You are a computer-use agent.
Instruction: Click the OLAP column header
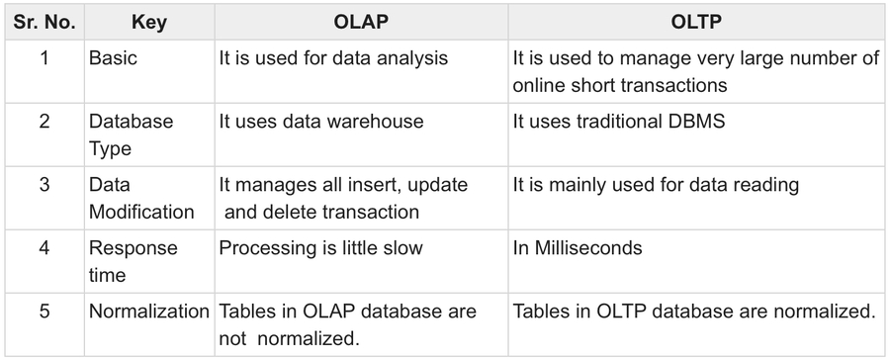pos(361,22)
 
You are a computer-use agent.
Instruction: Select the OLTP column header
pos(696,22)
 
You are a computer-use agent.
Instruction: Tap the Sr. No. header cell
pos(44,22)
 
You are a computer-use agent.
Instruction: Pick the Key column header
pos(149,22)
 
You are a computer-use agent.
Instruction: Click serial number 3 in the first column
pos(44,185)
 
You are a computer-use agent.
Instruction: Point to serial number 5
pos(44,312)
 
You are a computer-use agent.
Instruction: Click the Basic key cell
pos(113,58)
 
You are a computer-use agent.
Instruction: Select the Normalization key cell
pos(148,312)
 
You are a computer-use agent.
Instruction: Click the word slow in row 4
pos(402,248)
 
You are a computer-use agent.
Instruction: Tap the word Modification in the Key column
pos(141,213)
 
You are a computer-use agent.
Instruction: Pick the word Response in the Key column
pos(133,249)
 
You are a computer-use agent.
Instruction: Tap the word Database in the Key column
pos(132,122)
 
